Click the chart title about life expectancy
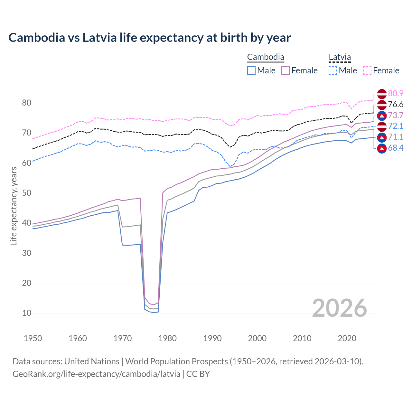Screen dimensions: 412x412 (149, 38)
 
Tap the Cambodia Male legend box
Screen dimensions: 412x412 (251, 70)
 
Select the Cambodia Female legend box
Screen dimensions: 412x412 (286, 70)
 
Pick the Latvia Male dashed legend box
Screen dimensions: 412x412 (333, 70)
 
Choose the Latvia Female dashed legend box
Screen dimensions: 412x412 (367, 70)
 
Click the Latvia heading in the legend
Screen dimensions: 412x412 (340, 57)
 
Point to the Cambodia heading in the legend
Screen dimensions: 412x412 (266, 57)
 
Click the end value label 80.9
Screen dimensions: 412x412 (396, 93)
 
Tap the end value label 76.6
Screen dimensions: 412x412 (396, 104)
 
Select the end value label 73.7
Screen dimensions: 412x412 (396, 115)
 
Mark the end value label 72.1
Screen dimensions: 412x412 (396, 126)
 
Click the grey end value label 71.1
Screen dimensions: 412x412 (396, 137)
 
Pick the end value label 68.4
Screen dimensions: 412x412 (396, 148)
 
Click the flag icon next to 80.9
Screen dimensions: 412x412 (382, 94)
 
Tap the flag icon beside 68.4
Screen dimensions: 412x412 (382, 148)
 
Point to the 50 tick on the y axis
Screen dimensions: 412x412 (27, 193)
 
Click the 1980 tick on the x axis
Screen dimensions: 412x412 (167, 338)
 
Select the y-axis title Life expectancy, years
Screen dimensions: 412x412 (14, 206)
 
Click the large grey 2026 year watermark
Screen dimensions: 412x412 (340, 308)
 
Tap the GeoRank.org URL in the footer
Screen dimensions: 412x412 (96, 374)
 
